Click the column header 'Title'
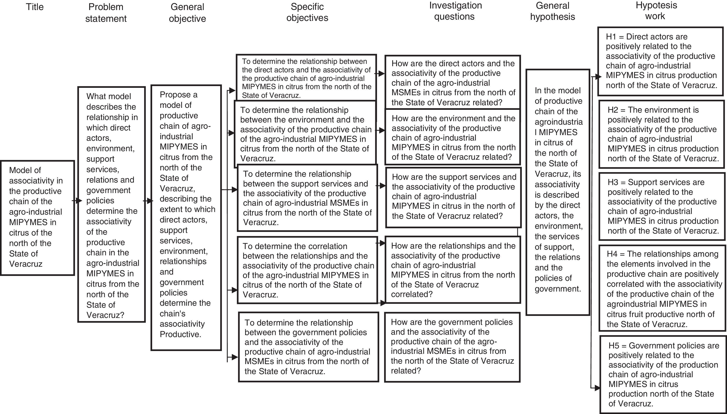coord(35,7)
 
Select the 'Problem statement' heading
coord(106,12)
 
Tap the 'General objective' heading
coord(187,12)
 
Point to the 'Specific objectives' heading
coord(307,12)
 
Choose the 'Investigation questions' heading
coord(455,11)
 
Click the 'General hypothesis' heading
coord(552,11)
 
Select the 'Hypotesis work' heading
coord(656,10)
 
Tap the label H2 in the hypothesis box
coord(613,110)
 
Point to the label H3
coord(613,182)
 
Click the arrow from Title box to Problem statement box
coord(77,201)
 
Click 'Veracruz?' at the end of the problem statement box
coord(105,315)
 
